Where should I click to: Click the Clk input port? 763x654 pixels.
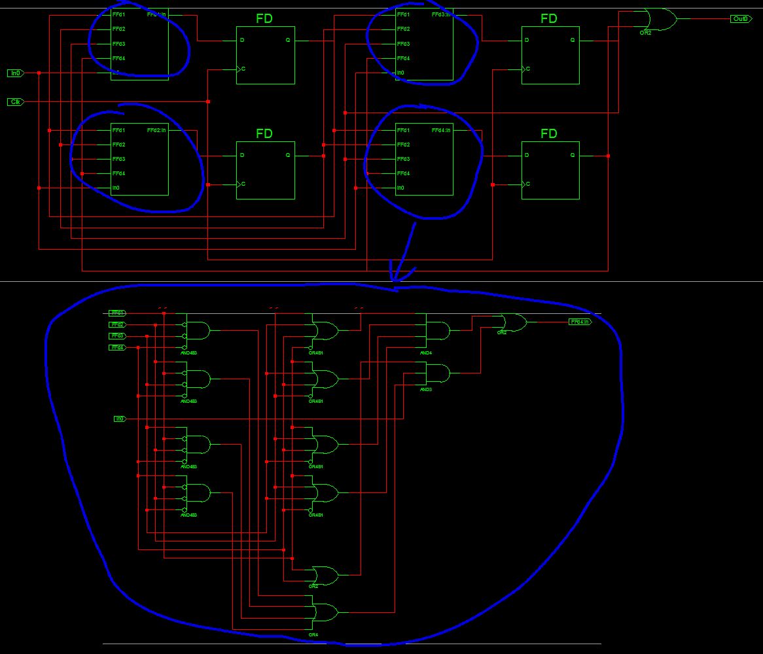point(16,102)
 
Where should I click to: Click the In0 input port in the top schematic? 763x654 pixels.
point(16,73)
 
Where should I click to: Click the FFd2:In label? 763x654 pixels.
point(157,130)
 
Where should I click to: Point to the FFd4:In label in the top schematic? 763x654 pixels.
point(442,130)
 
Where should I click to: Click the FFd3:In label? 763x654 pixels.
point(442,14)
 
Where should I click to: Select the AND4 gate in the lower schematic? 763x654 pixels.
point(438,331)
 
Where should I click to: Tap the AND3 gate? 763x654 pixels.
point(438,374)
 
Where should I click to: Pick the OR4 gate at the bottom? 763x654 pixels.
point(325,612)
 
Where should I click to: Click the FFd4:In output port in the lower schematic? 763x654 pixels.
point(580,322)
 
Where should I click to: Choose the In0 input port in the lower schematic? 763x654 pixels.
point(120,419)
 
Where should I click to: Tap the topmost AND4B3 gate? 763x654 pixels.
point(197,331)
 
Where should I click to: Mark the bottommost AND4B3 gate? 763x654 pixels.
point(197,493)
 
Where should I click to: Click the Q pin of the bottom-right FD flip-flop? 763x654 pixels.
point(573,156)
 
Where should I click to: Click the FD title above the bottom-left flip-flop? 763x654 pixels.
point(264,134)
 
